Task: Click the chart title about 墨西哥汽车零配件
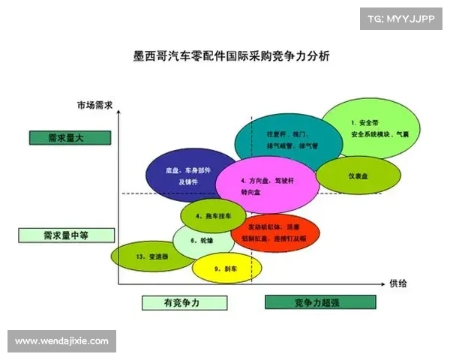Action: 225,55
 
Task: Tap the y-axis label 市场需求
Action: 94,106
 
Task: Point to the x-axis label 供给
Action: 397,283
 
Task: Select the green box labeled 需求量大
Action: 70,137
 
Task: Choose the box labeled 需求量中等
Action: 66,235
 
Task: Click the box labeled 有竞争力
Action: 184,303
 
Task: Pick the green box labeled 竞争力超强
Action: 318,303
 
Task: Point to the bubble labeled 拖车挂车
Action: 213,216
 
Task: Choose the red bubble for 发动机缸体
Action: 275,233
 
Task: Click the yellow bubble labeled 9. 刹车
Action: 226,268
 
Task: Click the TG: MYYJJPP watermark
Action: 400,19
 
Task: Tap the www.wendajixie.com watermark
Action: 62,341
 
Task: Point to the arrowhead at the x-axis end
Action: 383,283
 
